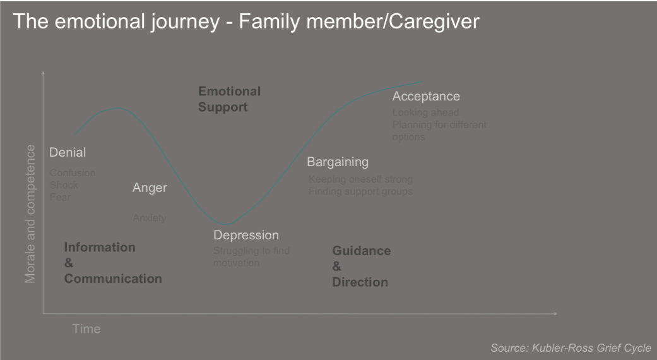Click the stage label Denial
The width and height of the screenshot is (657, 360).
pos(68,152)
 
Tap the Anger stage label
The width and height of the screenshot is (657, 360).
pos(150,188)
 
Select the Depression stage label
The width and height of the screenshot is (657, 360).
pos(246,235)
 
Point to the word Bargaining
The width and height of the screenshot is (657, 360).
pos(337,162)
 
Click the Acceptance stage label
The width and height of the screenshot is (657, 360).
pos(425,97)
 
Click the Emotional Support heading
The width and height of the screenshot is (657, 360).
pos(229,99)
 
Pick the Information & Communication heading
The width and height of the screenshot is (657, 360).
pos(112,263)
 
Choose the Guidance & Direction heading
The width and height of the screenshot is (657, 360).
pos(361,266)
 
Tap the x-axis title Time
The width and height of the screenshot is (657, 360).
pos(86,329)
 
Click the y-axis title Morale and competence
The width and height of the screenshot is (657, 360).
pos(30,213)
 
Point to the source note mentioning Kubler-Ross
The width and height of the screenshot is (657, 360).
pos(571,348)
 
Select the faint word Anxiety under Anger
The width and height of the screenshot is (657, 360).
pos(149,218)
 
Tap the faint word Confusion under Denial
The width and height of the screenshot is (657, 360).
pos(73,172)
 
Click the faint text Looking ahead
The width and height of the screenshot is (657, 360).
pos(425,112)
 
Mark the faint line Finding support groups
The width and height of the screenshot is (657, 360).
pos(360,191)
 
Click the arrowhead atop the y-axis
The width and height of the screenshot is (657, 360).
pos(43,73)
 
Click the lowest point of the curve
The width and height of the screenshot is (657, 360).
pos(226,224)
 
